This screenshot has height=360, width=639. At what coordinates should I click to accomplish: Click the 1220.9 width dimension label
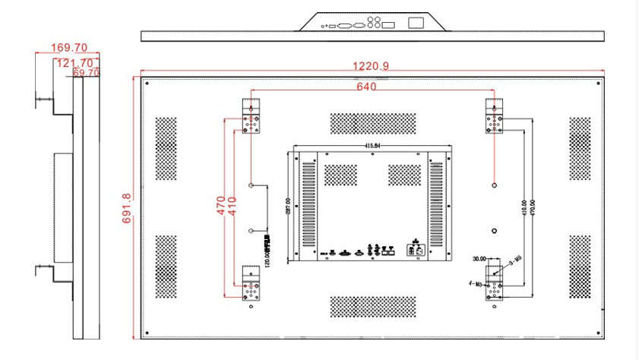click(371, 67)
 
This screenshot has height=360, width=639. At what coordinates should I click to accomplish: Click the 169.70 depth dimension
click(68, 48)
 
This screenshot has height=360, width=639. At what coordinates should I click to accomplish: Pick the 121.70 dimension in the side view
click(74, 63)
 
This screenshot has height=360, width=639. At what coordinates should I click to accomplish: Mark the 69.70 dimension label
click(86, 73)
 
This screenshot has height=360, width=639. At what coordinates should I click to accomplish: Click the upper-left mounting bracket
click(251, 116)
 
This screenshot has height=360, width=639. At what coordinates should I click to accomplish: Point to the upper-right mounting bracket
click(495, 116)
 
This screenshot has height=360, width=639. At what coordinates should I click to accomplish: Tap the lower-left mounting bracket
click(251, 284)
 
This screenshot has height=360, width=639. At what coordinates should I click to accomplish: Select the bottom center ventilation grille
click(372, 306)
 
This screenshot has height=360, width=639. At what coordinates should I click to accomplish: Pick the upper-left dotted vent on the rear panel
click(166, 148)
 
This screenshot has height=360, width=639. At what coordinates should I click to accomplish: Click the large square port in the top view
click(416, 23)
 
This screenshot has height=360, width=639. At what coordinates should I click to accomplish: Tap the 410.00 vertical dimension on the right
click(524, 207)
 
